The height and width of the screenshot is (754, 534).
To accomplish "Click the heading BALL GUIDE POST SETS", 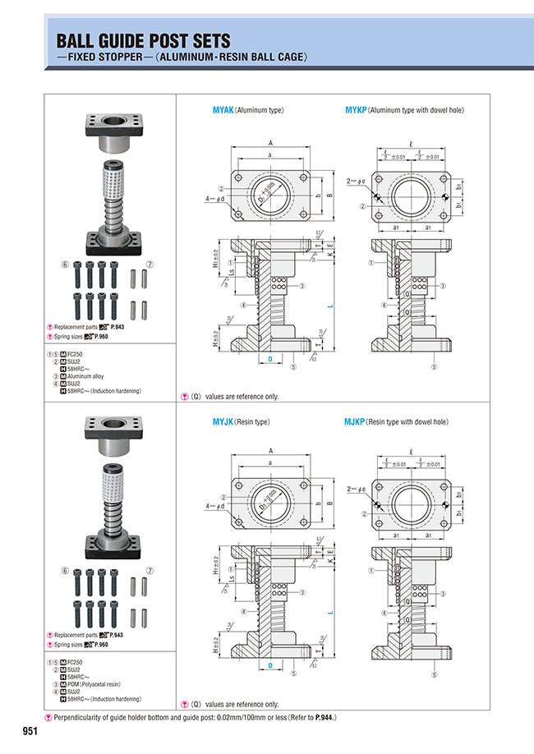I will tap(143, 40).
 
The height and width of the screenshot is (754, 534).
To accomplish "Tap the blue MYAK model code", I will tap(223, 110).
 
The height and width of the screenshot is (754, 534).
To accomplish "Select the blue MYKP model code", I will tap(356, 110).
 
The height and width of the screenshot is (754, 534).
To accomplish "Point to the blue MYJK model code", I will tap(223, 422).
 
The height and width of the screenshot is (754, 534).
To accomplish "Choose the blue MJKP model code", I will tap(356, 422).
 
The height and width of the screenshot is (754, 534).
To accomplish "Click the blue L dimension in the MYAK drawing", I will tap(329, 304).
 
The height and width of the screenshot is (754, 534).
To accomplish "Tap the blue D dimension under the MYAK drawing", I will tap(269, 360).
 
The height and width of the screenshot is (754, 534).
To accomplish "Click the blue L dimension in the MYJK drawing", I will tap(329, 614).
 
